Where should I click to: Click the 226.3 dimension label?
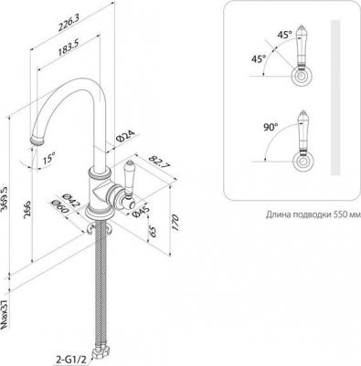69,24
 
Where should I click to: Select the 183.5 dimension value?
69,48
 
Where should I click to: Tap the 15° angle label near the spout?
48,159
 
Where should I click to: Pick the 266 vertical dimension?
27,209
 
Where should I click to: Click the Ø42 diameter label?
70,200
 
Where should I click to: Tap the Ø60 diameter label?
60,207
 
